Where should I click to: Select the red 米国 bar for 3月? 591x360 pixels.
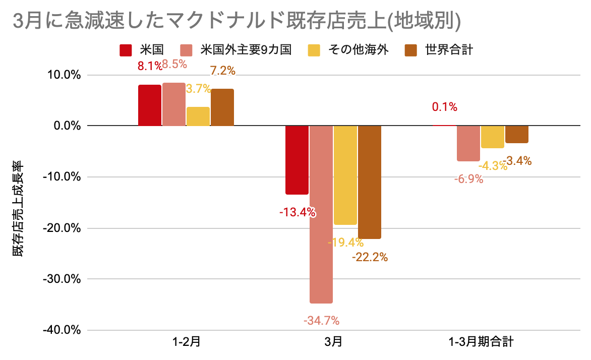[x=297, y=160]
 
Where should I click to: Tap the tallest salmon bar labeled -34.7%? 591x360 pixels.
[x=321, y=214]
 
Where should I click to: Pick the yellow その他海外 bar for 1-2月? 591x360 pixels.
[x=198, y=116]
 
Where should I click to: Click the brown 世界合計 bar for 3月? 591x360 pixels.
[x=369, y=182]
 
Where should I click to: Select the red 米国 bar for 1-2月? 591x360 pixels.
[x=150, y=105]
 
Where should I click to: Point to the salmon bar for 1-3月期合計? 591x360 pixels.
[x=468, y=143]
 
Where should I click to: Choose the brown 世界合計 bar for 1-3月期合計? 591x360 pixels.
[x=517, y=134]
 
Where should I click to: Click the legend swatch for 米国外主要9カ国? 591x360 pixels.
[x=187, y=50]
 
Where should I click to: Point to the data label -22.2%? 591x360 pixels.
[x=370, y=257]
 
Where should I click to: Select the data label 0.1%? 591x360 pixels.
[x=444, y=107]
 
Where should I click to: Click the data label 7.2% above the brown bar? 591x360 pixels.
[x=222, y=71]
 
